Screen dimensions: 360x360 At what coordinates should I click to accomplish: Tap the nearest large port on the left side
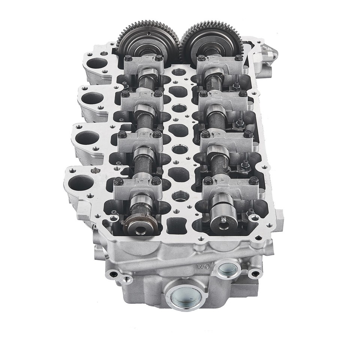(81, 182)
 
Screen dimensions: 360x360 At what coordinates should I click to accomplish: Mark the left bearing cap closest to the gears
(142, 63)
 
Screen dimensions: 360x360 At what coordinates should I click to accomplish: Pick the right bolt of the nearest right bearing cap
(253, 180)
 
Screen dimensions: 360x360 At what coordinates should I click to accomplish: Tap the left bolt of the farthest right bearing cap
(201, 58)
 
